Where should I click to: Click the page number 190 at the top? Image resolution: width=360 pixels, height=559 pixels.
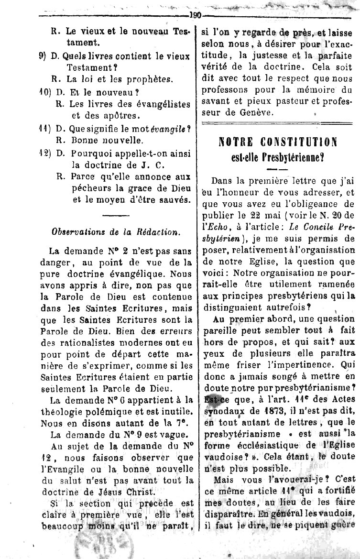point(195,14)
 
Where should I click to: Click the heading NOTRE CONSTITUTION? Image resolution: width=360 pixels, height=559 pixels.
point(277,142)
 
